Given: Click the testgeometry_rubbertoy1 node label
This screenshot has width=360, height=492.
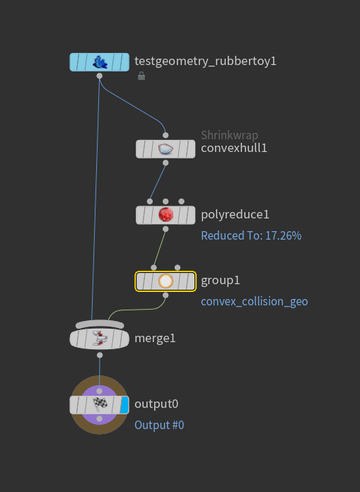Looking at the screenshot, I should point(205,61).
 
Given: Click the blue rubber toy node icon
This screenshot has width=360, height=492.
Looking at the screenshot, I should point(99,61).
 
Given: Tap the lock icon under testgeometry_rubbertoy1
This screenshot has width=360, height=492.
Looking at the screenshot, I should point(141,76).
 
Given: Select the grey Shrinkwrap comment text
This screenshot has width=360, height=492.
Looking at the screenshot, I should point(229,135).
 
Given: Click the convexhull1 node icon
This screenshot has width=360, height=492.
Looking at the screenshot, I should point(166,148).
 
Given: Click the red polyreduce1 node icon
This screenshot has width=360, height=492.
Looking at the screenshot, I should point(166,214).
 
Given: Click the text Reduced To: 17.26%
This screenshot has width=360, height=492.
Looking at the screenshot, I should point(251,235).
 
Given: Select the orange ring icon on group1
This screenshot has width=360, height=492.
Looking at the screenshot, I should point(166,281).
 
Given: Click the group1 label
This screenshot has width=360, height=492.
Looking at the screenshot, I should point(220,280).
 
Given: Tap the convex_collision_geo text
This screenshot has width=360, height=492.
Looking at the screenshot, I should point(254,301).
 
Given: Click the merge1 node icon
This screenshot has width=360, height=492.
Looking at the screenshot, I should point(99,339).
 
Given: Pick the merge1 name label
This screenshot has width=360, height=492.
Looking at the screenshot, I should point(154,338).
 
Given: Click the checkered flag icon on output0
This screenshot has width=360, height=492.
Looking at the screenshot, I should point(99,404).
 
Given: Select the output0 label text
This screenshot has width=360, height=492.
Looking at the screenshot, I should point(156,404).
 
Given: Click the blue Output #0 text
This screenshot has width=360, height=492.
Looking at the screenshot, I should point(159,425).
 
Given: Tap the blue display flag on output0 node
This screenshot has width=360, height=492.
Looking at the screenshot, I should point(124,404).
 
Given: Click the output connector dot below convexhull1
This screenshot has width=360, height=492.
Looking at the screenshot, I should point(166,163).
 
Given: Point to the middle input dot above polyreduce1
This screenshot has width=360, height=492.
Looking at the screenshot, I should point(166,201).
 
